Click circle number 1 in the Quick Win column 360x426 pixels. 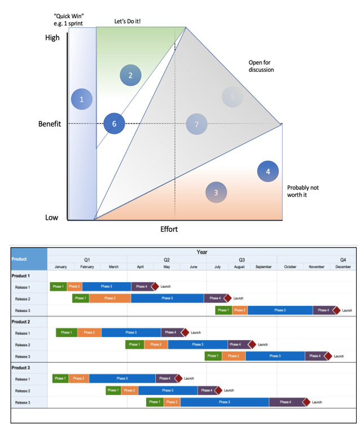coord(82,100)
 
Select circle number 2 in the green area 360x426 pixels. coord(130,75)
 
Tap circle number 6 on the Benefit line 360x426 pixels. coord(114,124)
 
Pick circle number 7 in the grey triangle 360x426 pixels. coord(197,124)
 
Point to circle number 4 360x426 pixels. coord(268,172)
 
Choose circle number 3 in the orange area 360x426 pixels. coord(216,192)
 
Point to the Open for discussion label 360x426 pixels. coord(261,66)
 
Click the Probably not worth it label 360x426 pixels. coord(303,191)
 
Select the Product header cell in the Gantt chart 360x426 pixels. coord(19,259)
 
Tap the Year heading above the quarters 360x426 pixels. coord(201,252)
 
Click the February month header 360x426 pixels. coord(87,267)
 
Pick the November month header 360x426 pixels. coord(317,267)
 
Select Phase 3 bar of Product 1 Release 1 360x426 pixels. coord(107,287)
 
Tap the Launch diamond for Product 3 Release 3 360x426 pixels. coord(307,402)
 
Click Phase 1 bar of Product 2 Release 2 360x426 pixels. coord(134,344)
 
